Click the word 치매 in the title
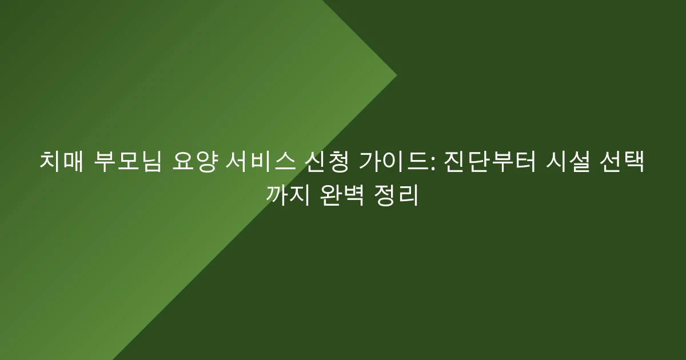tap(60, 162)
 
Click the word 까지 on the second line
tap(288, 195)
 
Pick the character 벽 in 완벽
tap(353, 195)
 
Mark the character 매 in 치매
tap(72, 162)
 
